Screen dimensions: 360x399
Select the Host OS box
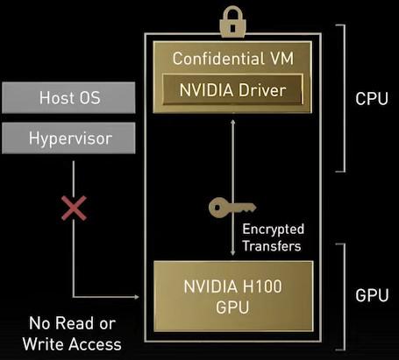point(70,99)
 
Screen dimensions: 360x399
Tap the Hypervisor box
point(70,138)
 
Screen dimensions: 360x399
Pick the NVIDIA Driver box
point(232,89)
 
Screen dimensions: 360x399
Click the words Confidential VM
point(232,60)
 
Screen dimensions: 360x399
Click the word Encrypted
point(272,229)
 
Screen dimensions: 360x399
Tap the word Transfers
point(272,246)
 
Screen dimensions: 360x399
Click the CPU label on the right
point(371,98)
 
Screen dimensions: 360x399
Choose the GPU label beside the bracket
point(371,296)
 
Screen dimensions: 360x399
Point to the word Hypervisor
point(70,138)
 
